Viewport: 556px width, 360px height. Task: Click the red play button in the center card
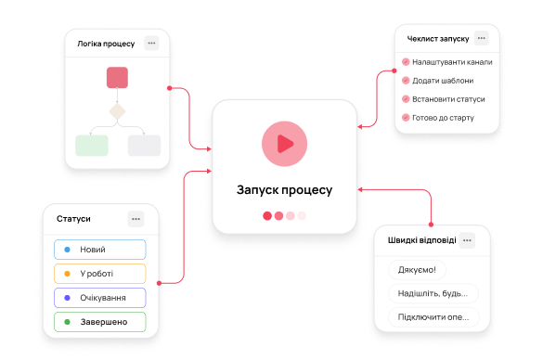tap(284, 144)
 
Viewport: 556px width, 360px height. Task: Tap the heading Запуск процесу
tap(284, 190)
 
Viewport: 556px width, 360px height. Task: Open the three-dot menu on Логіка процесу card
tap(151, 44)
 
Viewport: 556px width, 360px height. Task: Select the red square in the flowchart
tap(117, 77)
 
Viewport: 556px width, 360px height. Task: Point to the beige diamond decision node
tap(117, 111)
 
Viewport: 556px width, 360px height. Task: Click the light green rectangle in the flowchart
tap(92, 146)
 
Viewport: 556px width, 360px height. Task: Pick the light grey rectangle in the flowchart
tap(144, 146)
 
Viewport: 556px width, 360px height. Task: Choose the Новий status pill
tap(100, 250)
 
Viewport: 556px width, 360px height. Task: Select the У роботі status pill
tap(100, 274)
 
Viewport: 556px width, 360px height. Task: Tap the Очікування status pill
tap(100, 298)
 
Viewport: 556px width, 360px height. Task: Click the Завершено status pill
tap(100, 322)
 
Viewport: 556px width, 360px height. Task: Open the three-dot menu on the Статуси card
tap(136, 219)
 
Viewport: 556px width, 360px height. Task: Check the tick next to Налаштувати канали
tap(406, 62)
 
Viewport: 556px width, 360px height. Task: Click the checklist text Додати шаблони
tap(443, 81)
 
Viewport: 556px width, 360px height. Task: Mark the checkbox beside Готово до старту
tap(406, 118)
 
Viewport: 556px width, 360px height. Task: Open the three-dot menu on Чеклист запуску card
tap(481, 38)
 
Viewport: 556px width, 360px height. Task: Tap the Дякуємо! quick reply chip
tap(417, 270)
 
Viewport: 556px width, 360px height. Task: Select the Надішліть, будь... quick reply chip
tap(433, 293)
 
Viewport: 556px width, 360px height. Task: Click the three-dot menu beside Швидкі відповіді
tap(467, 240)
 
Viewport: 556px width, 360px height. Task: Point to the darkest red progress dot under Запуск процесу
tap(267, 216)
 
